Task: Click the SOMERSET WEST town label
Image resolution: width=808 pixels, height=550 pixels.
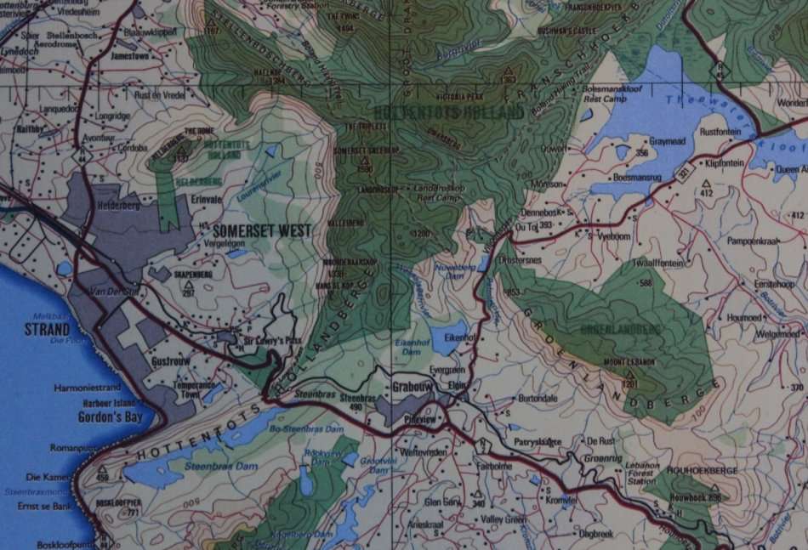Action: pyautogui.click(x=263, y=230)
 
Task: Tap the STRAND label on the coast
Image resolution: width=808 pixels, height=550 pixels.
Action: pyautogui.click(x=47, y=330)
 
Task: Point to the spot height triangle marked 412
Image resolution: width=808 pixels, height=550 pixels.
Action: pyautogui.click(x=706, y=183)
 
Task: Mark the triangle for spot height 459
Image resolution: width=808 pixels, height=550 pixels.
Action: pyautogui.click(x=103, y=468)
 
